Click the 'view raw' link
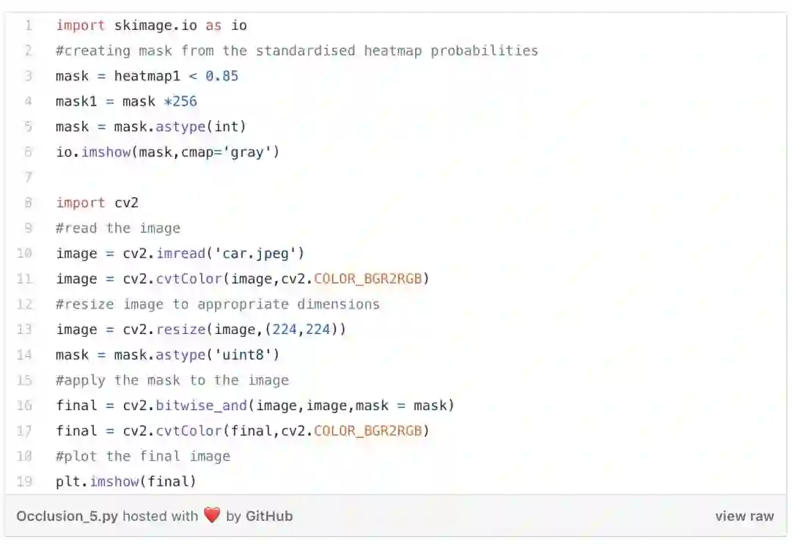(x=744, y=516)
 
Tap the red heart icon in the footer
(x=212, y=516)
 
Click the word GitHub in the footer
(x=269, y=516)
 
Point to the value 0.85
(x=221, y=76)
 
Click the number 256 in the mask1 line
(x=184, y=102)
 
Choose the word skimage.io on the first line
(x=155, y=26)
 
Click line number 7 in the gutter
(x=28, y=178)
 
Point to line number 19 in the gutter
(x=24, y=482)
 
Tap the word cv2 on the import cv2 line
(x=126, y=203)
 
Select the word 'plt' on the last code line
(x=68, y=482)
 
